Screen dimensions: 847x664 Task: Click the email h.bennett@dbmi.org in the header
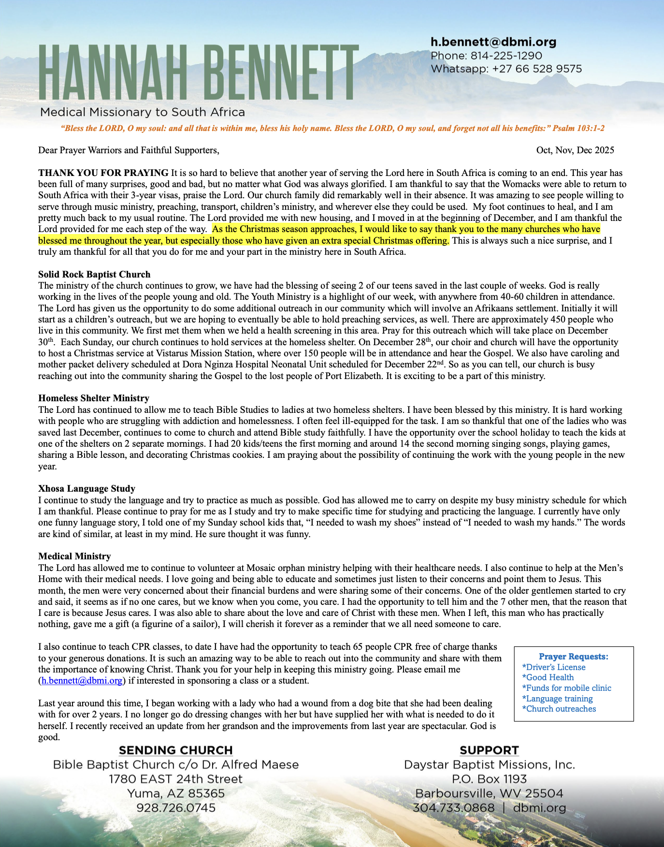(x=493, y=42)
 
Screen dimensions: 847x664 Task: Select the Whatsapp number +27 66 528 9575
(x=537, y=69)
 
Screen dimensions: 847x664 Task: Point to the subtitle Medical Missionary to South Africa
(x=143, y=112)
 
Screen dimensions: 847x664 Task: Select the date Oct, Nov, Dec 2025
(x=575, y=150)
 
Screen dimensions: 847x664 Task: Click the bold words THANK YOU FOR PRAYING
(x=103, y=173)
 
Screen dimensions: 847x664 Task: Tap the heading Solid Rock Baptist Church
(x=94, y=274)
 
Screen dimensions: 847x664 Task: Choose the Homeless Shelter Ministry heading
(x=94, y=398)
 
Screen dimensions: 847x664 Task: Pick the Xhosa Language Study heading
(x=87, y=488)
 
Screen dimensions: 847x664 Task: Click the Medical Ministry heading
(x=74, y=556)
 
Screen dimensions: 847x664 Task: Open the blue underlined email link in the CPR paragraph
(x=82, y=681)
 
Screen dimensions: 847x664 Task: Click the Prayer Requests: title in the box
(x=574, y=657)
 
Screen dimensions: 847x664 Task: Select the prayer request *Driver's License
(x=554, y=667)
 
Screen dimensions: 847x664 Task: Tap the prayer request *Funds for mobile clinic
(x=566, y=688)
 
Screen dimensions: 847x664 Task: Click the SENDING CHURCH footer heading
(x=176, y=750)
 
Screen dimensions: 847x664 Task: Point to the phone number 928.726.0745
(x=176, y=808)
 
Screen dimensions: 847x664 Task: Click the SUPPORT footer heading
(x=489, y=750)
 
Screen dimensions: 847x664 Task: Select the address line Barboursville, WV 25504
(x=489, y=793)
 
